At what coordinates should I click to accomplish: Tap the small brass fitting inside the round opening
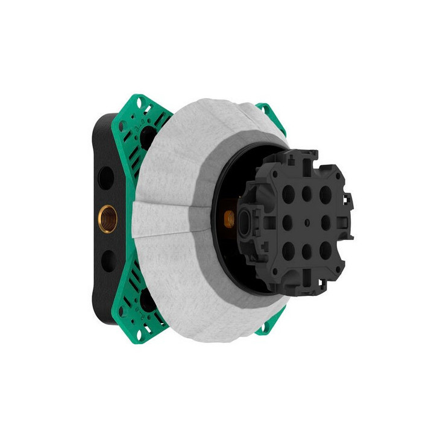(x=230, y=218)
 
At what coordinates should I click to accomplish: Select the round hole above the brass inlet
(x=106, y=178)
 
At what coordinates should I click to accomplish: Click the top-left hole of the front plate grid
(x=289, y=193)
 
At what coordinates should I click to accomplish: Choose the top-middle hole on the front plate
(x=307, y=194)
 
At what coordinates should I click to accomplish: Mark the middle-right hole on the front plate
(x=326, y=222)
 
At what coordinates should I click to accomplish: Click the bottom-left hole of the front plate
(x=289, y=249)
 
